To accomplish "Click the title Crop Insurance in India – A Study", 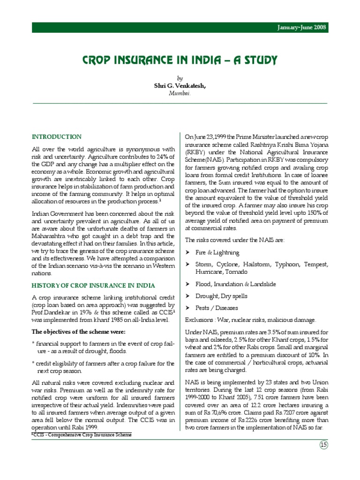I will (180, 60).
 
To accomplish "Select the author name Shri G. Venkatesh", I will (180, 86).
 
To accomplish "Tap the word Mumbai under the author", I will (180, 93).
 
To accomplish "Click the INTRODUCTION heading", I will (56, 137).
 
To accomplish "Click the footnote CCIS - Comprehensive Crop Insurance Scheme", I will (83, 435).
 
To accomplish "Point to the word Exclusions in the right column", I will (199, 320).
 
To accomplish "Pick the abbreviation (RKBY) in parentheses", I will (195, 152).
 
